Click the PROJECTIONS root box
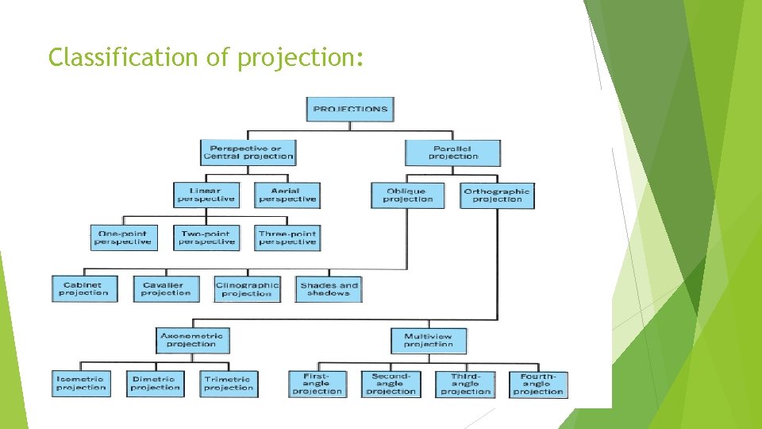point(350,109)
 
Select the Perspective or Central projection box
point(248,152)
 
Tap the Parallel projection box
point(452,152)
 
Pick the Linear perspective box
point(206,195)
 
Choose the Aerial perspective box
point(287,195)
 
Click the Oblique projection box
point(407,195)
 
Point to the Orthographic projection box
point(496,195)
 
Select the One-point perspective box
point(124,238)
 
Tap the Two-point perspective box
point(206,238)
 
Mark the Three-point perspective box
point(287,238)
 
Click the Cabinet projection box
point(83,288)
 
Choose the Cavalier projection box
point(165,288)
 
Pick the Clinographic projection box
point(247,288)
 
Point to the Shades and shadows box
point(329,288)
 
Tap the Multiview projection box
point(429,339)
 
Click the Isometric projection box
point(81,383)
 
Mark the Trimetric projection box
point(229,383)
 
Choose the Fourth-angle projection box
point(538,383)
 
